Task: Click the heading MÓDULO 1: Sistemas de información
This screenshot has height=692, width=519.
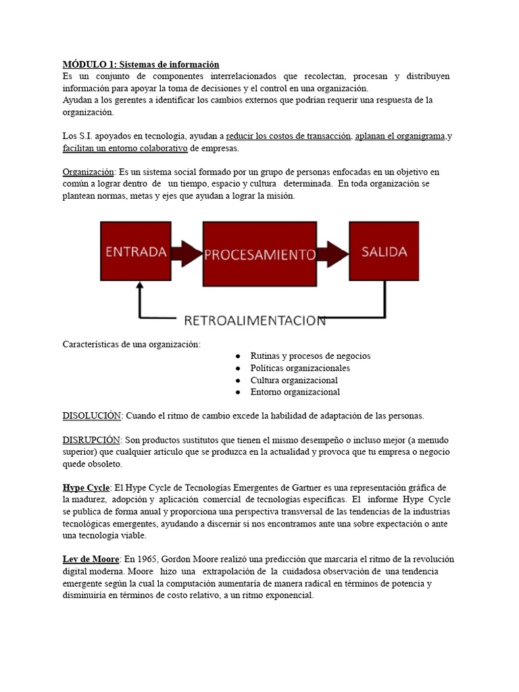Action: [x=141, y=64]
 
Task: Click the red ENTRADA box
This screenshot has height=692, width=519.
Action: [x=135, y=252]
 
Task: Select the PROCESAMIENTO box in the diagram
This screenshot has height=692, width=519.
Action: [x=259, y=254]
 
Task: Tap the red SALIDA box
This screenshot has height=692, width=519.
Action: [x=383, y=252]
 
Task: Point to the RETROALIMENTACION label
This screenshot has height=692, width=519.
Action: [x=255, y=320]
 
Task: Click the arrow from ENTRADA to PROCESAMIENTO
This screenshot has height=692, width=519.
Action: [x=186, y=253]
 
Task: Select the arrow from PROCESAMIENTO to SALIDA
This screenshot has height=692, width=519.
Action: [x=332, y=254]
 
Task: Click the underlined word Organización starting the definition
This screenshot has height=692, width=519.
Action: [x=89, y=172]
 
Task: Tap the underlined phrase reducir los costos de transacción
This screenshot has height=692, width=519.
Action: [x=289, y=136]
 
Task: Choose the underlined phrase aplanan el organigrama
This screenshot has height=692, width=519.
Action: [x=401, y=136]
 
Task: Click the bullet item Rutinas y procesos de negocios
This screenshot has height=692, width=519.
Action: [x=310, y=355]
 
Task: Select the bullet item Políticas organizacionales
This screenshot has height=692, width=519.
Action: [x=300, y=368]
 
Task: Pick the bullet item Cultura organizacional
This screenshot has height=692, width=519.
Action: [x=294, y=380]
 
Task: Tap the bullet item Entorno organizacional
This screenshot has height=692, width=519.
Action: [x=295, y=392]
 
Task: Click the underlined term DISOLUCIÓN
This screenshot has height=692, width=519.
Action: [x=92, y=415]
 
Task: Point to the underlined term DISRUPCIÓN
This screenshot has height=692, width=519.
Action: [x=91, y=439]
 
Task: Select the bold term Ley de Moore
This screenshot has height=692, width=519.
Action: [x=91, y=559]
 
